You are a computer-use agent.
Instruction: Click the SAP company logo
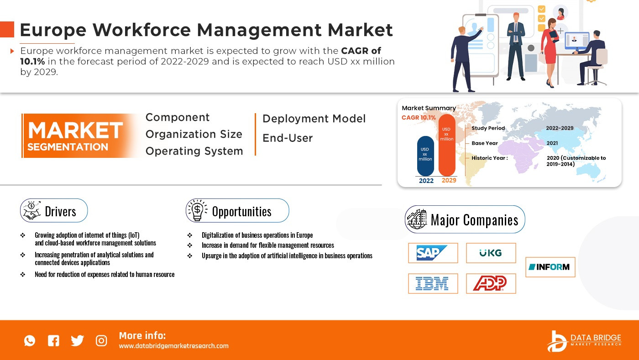pyautogui.click(x=432, y=253)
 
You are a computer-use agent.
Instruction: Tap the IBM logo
pyautogui.click(x=432, y=283)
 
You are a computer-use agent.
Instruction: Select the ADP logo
pyautogui.click(x=490, y=283)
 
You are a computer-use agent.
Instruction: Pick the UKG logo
pyautogui.click(x=490, y=253)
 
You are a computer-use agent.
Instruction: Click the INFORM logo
pyautogui.click(x=549, y=267)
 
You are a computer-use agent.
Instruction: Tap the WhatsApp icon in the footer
pyautogui.click(x=30, y=340)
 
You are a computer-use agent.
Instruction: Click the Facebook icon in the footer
pyautogui.click(x=54, y=340)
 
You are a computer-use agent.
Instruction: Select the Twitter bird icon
pyautogui.click(x=77, y=340)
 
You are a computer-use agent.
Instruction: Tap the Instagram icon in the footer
pyautogui.click(x=101, y=340)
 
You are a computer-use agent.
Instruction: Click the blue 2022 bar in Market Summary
pyautogui.click(x=425, y=156)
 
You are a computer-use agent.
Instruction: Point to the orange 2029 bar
pyautogui.click(x=447, y=145)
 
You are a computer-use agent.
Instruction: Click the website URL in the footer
pyautogui.click(x=173, y=346)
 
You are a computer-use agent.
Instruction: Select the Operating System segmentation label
pyautogui.click(x=194, y=151)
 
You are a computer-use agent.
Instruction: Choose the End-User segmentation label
pyautogui.click(x=288, y=138)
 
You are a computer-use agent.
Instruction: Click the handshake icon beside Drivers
pyautogui.click(x=31, y=210)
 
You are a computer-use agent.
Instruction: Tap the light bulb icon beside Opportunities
pyautogui.click(x=197, y=210)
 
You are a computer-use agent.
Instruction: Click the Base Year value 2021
pyautogui.click(x=552, y=143)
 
